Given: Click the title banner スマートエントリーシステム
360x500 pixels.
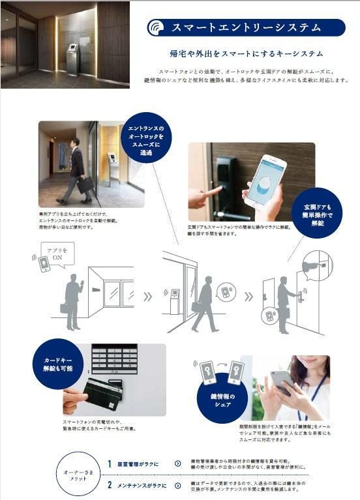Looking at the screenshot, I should (x=245, y=27).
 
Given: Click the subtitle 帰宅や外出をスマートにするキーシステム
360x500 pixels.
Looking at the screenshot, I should (x=245, y=53).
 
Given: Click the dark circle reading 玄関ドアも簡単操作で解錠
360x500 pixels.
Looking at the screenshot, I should (x=316, y=213).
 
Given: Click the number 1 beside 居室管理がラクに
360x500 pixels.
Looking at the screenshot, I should (x=110, y=463).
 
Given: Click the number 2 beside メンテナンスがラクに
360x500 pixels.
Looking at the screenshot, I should (x=110, y=486).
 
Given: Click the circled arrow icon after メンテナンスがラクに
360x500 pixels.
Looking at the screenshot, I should (x=177, y=486).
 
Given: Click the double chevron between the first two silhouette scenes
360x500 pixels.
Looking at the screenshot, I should (x=148, y=297).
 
